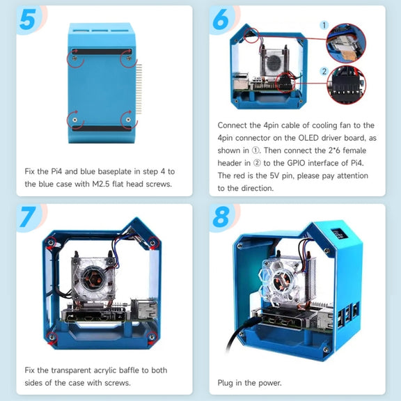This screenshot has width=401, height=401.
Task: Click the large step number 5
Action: [27, 20]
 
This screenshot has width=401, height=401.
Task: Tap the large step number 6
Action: [221, 19]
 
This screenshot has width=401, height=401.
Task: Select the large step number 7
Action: [28, 217]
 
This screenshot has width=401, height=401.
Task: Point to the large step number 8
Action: [221, 217]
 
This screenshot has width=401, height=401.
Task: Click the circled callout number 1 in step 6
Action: [324, 25]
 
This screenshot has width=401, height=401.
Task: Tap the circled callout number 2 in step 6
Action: [324, 71]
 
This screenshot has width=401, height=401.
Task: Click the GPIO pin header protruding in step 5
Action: [139, 88]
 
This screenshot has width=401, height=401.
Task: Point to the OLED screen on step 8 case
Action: [338, 233]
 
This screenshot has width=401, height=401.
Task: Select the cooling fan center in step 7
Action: [92, 278]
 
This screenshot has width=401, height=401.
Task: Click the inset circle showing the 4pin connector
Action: [346, 43]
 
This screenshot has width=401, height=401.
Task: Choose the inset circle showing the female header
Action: [347, 85]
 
